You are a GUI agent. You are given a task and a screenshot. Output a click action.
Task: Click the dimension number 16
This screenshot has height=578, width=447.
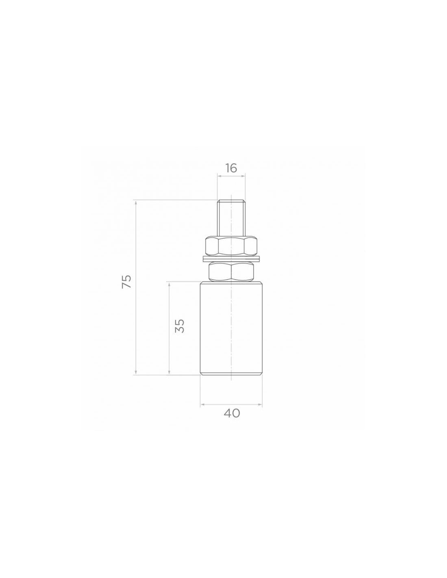click(x=231, y=168)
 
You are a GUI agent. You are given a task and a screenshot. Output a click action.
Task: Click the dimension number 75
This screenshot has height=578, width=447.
click(x=126, y=281)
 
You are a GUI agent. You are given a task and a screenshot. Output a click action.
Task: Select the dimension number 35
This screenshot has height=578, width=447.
click(x=180, y=326)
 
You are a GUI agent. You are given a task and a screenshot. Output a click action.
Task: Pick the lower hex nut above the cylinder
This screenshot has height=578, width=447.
click(x=231, y=271)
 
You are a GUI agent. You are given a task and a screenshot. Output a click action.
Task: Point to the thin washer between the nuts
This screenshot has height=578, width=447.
click(x=231, y=259)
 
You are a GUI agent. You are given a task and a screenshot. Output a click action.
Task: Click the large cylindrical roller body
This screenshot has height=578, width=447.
click(x=231, y=328)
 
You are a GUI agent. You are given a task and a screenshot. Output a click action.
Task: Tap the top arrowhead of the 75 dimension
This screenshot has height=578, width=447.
click(x=136, y=203)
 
